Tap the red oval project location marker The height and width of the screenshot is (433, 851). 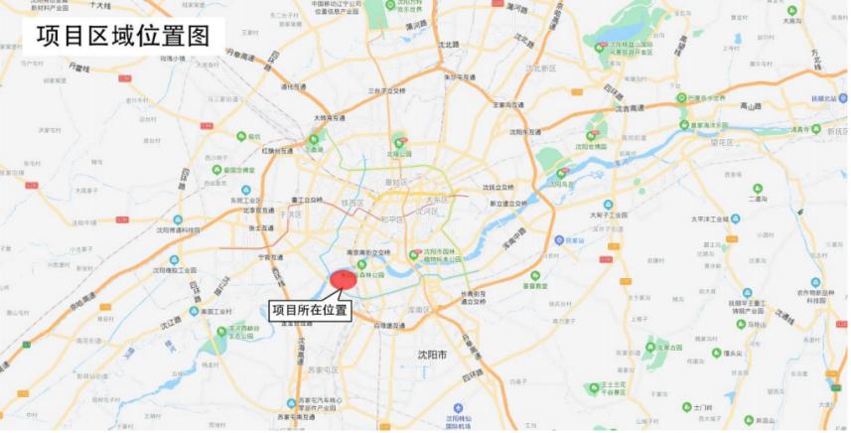coord(343,279)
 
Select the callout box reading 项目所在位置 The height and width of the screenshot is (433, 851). coord(311,310)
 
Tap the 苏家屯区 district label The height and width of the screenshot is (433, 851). coord(323,369)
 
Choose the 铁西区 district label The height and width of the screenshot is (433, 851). coord(353,204)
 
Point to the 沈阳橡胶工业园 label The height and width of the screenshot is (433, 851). coord(179,268)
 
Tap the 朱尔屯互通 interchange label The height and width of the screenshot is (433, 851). coord(459,76)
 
